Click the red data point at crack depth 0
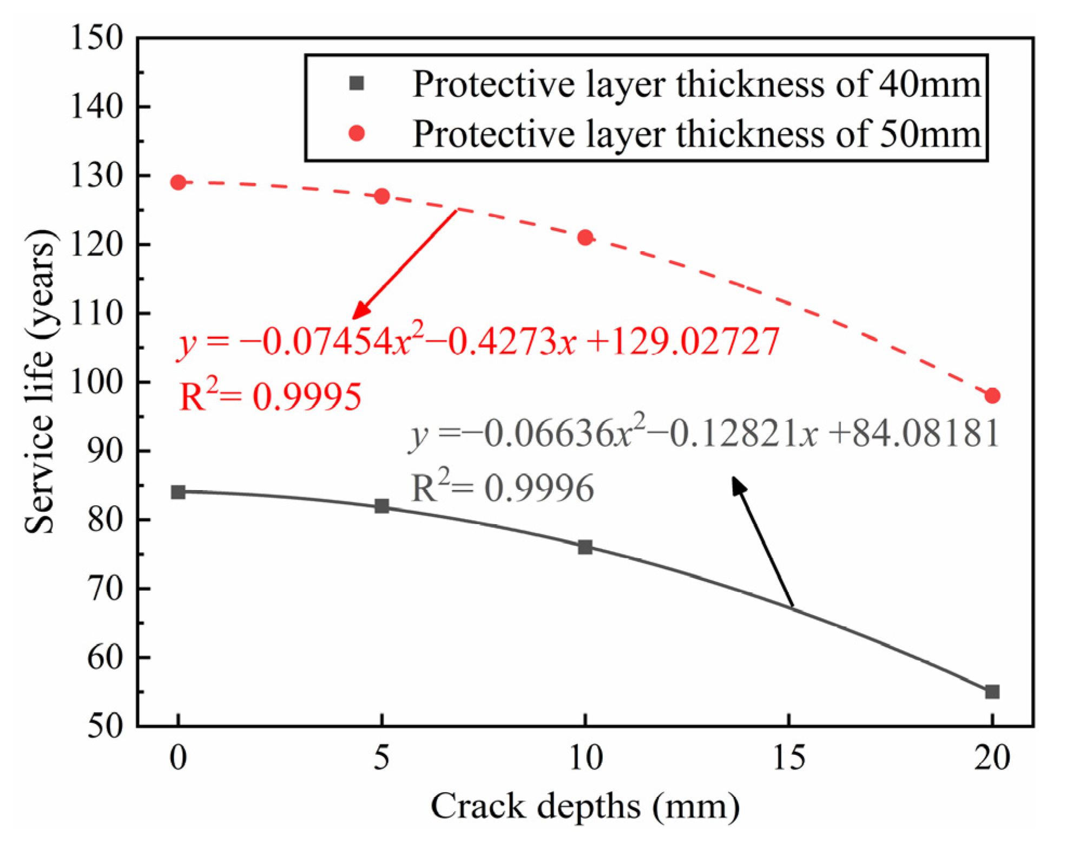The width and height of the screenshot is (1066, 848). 178,182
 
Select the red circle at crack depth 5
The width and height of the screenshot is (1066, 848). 381,196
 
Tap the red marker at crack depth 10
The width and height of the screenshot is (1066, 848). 585,237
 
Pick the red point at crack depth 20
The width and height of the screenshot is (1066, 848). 992,396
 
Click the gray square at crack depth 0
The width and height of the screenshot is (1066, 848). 178,492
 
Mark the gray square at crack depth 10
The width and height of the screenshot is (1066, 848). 585,547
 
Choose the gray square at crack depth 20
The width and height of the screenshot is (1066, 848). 992,692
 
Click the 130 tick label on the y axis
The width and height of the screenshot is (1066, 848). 97,176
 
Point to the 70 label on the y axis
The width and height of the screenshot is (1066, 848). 105,589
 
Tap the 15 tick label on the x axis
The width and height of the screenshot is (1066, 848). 788,758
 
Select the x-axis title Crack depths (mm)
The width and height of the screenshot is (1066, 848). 585,806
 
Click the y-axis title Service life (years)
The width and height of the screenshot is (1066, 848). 40,381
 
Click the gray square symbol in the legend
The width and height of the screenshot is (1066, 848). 357,83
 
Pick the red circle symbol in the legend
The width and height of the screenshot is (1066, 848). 357,133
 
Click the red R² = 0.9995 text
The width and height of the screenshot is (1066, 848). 269,396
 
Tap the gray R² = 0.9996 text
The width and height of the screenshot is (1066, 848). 502,487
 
